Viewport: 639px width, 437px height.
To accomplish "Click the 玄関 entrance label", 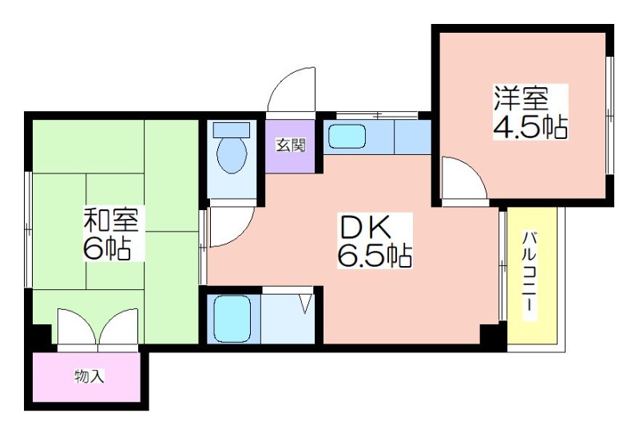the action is [291, 145].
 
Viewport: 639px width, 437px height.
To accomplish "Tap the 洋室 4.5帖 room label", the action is [530, 112].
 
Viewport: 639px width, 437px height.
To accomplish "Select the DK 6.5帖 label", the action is [374, 241].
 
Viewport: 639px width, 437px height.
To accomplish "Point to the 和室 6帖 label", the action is [110, 233].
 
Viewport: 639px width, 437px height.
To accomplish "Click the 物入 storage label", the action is [89, 375].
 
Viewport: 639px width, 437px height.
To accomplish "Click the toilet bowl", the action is [232, 154].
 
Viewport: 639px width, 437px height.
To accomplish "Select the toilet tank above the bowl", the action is [232, 129].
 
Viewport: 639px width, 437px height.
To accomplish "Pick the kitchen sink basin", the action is [347, 137].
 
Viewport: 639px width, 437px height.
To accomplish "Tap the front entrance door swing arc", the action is [292, 89].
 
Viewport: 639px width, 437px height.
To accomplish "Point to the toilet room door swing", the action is [231, 227].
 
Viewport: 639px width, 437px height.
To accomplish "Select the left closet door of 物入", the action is [77, 326].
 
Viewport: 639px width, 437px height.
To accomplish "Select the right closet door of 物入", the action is [117, 326].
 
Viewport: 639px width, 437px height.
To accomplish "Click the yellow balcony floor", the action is [532, 276].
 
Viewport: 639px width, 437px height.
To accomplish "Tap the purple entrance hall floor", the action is [291, 146].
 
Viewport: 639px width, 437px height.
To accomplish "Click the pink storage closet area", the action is [86, 376].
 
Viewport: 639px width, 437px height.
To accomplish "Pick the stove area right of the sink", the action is [412, 137].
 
